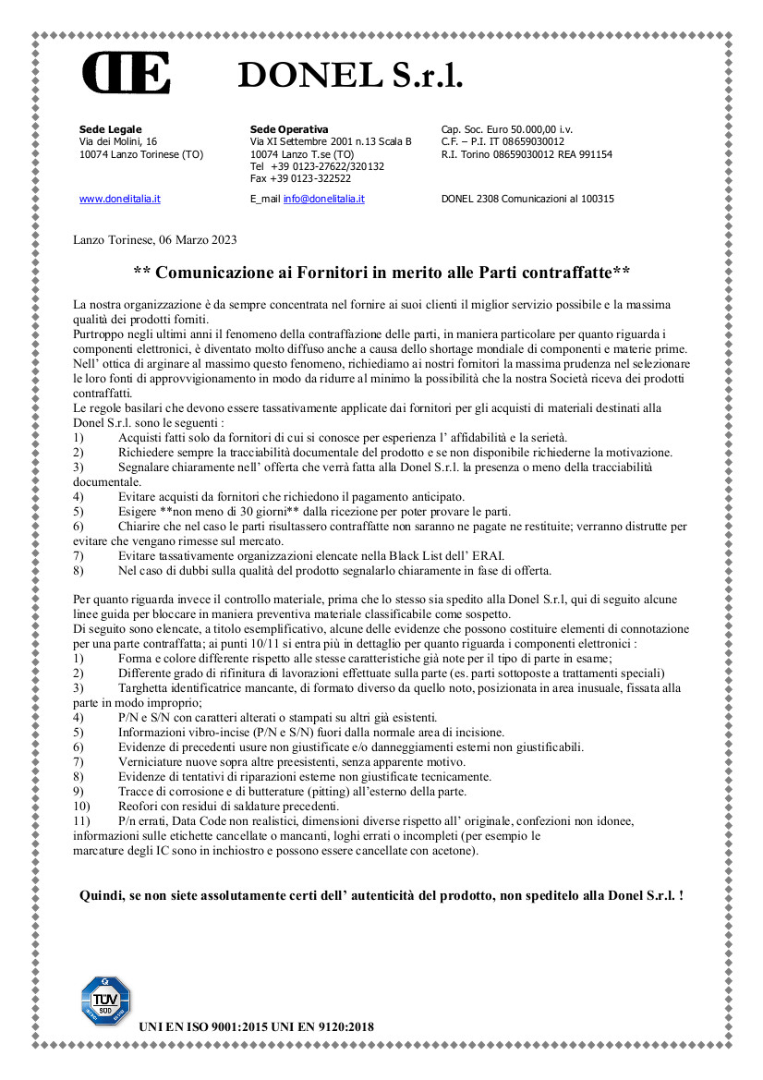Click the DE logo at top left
pyautogui.click(x=126, y=73)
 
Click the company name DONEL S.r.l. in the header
pyautogui.click(x=350, y=75)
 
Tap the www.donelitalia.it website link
pyautogui.click(x=120, y=199)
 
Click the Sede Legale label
pyautogui.click(x=111, y=128)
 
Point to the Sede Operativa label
pyautogui.click(x=289, y=128)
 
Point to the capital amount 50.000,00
pyautogui.click(x=542, y=128)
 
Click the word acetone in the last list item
pyautogui.click(x=454, y=851)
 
